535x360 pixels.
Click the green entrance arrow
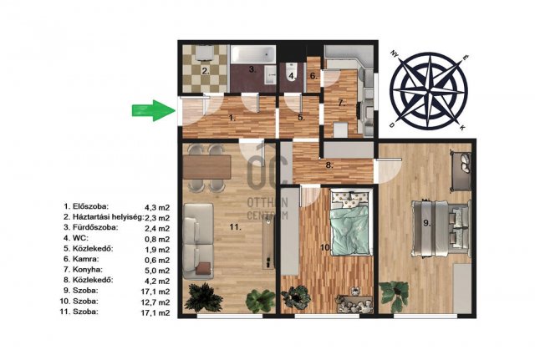154,110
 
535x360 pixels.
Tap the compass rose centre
429,90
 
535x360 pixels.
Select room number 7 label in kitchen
342,103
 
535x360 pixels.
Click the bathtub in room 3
252,54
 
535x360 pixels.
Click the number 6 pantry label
313,76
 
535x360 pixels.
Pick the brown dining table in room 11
207,167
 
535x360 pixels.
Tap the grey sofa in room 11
198,241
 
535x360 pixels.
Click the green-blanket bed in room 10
350,223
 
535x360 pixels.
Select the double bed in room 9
441,228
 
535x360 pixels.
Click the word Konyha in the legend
87,270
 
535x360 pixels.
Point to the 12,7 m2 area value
155,302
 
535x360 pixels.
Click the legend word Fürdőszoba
95,227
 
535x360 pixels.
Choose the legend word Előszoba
90,206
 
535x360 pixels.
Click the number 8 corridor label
329,165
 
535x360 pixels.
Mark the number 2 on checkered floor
205,71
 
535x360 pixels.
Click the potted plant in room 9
395,294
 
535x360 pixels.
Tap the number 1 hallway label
232,119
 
